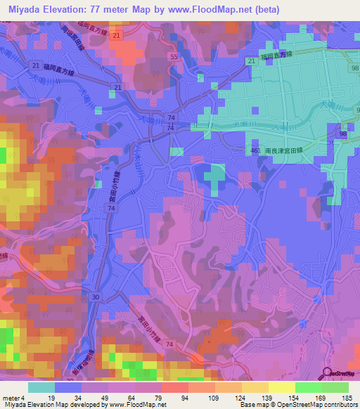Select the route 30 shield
[x=95, y=297]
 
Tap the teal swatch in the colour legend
[x=41, y=387]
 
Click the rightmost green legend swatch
[x=335, y=387]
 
